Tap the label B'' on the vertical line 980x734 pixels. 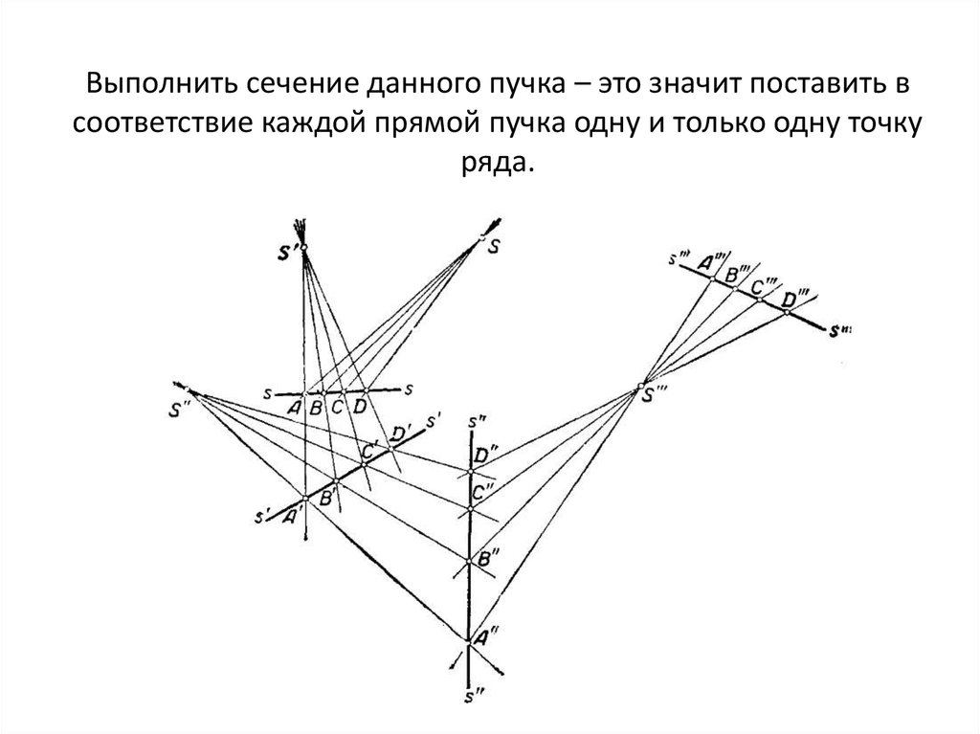[x=487, y=556]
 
